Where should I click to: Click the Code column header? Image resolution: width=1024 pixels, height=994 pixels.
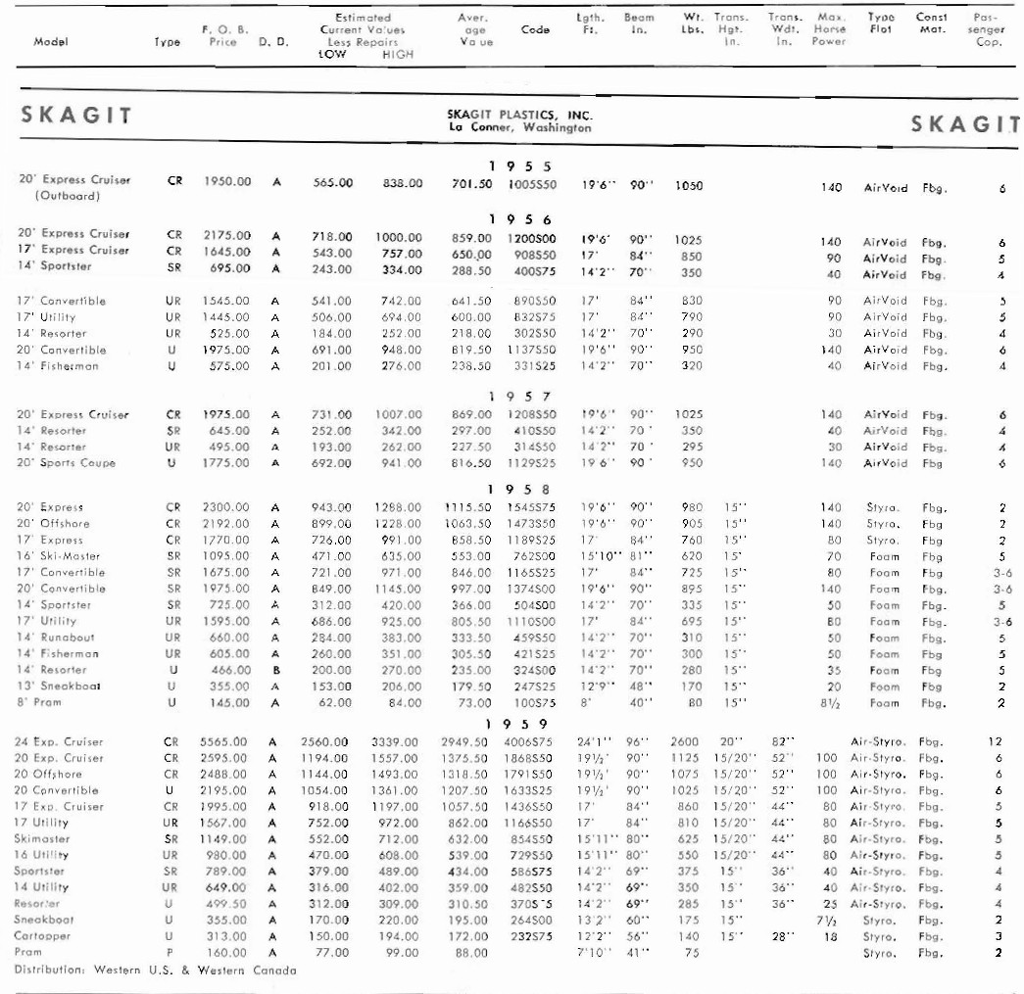[535, 30]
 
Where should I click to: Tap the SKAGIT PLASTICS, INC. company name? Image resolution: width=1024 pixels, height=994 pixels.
[519, 115]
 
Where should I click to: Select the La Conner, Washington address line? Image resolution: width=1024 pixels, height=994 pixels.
[519, 128]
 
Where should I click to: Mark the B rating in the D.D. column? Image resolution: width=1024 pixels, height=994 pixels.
[276, 670]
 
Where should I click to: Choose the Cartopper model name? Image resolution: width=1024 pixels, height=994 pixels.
[42, 936]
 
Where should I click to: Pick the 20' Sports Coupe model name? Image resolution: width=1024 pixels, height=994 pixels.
[68, 463]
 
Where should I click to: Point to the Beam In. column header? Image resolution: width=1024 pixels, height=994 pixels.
[640, 24]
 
